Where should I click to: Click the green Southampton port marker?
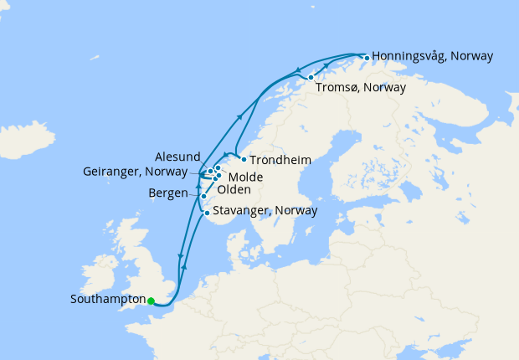pyautogui.click(x=152, y=301)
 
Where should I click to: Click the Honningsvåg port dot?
pyautogui.click(x=365, y=57)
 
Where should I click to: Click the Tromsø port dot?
pyautogui.click(x=311, y=78)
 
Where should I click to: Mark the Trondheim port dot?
pyautogui.click(x=244, y=159)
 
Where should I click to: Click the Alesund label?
pyautogui.click(x=177, y=157)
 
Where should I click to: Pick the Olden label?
pyautogui.click(x=234, y=190)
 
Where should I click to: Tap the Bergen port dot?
pyautogui.click(x=203, y=197)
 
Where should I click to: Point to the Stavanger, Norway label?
pyautogui.click(x=265, y=211)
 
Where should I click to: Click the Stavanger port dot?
pyautogui.click(x=207, y=213)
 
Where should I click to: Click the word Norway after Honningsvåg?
pyautogui.click(x=471, y=56)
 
